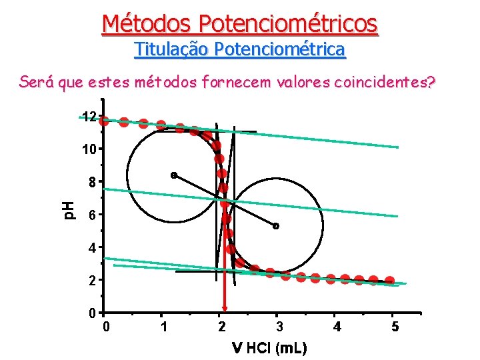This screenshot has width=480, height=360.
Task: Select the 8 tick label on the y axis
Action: click(x=91, y=182)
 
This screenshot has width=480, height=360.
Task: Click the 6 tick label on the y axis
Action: click(x=91, y=215)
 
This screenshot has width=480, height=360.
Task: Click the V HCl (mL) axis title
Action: click(x=269, y=348)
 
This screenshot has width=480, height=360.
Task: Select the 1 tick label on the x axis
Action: click(x=163, y=327)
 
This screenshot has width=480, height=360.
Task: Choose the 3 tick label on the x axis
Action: click(x=280, y=327)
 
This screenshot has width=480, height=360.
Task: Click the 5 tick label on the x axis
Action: click(x=395, y=327)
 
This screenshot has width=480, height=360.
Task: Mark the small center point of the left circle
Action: click(x=173, y=175)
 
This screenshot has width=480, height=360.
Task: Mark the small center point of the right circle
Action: click(x=275, y=226)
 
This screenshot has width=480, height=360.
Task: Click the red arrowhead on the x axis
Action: click(x=225, y=308)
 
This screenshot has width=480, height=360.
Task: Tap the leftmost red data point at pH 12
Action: click(x=104, y=121)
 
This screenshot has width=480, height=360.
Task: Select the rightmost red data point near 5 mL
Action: click(x=389, y=281)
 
